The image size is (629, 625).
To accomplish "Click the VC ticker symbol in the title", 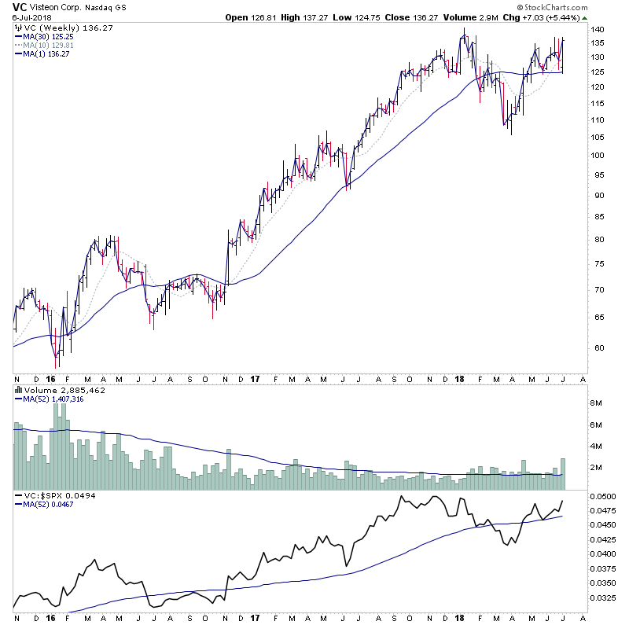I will coord(19,6).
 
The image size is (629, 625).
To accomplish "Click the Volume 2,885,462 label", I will coord(53,390).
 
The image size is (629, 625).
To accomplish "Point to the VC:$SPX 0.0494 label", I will coord(53,496).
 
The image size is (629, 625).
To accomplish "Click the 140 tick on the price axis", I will coord(598,30).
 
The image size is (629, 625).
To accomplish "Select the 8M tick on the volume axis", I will coord(600,403).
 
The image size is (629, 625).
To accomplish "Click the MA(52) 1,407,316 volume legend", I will coord(52,399).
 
